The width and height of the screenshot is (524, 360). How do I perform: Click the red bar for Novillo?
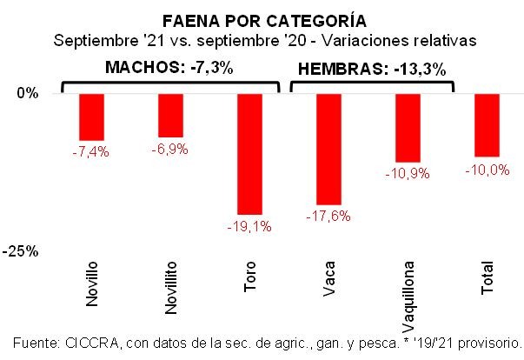pos(91,117)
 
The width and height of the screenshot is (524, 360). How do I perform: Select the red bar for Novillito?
pos(170,115)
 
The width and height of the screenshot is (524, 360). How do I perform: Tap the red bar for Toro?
pos(249,153)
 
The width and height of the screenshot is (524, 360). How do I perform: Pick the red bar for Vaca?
pos(328,148)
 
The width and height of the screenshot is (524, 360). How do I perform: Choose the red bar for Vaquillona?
pos(408,127)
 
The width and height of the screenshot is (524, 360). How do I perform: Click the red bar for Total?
pos(487,124)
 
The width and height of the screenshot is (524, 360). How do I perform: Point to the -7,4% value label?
pos(90,151)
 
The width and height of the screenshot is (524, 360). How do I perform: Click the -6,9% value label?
pos(169,149)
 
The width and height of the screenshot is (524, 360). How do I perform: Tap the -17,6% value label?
pos(328,217)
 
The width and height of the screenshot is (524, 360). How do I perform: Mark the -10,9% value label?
pos(407,174)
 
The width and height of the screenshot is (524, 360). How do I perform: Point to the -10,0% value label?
pos(487,170)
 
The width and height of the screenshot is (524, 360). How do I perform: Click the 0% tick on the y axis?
pos(29,93)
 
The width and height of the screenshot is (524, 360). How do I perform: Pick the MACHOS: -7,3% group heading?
pos(169,67)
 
